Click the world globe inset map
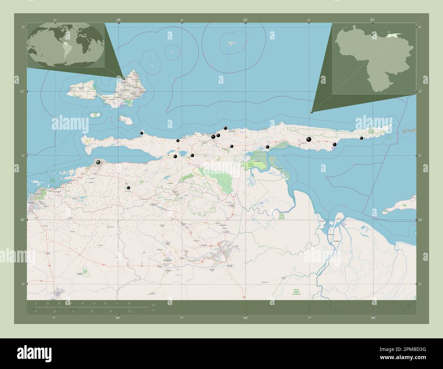pyautogui.click(x=66, y=45)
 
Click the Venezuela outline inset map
pyautogui.click(x=374, y=58)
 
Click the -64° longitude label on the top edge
pyautogui.click(x=118, y=20)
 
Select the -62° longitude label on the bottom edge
pyautogui.click(x=373, y=318)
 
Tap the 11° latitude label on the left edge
pyautogui.click(x=22, y=91)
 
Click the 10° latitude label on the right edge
pyautogui.click(x=420, y=220)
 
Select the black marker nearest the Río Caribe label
pyautogui.click(x=225, y=128)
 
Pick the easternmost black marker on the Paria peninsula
pyautogui.click(x=362, y=138)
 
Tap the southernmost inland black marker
pyautogui.click(x=128, y=188)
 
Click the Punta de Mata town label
pyautogui.click(x=164, y=261)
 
